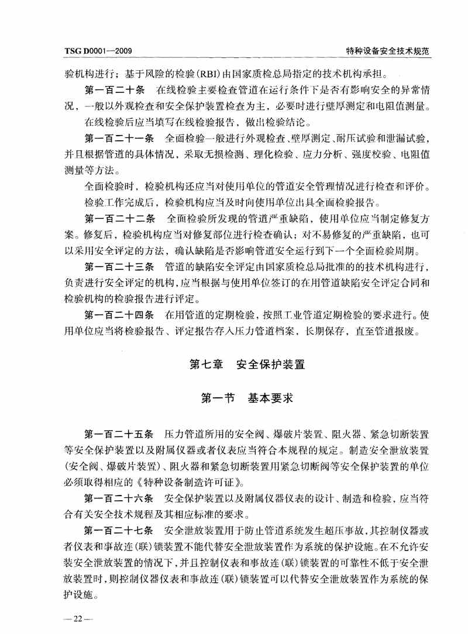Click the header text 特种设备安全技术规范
click(388, 51)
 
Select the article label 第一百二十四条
click(119, 316)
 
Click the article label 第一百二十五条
click(119, 435)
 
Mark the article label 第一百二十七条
click(119, 532)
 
